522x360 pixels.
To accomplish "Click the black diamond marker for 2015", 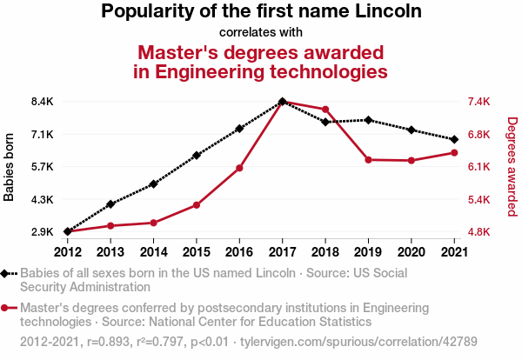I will point(197,156).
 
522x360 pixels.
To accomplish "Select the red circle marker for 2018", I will point(325,110).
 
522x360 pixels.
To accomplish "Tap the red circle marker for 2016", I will point(239,168).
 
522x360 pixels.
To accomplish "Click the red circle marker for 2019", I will point(368,160).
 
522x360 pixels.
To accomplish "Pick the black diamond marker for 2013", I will point(110,204).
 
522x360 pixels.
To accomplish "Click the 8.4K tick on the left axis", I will point(41,102).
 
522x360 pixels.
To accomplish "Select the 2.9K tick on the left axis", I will point(41,232).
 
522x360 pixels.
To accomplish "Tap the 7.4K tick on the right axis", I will point(478,102).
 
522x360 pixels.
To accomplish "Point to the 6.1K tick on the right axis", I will point(478,167).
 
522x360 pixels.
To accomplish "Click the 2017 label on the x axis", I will point(283,251).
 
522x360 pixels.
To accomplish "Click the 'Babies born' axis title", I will point(10,167).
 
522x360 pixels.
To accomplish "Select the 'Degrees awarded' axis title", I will point(512,167).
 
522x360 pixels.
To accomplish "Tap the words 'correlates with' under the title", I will point(261,32).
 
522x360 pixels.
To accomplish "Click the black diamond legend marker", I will point(6,273).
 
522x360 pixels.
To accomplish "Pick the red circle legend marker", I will point(6,308).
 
